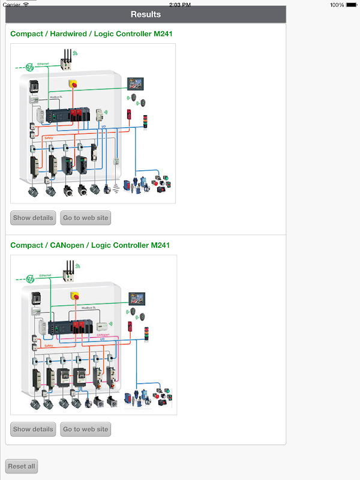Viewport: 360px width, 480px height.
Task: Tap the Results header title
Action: pos(146,14)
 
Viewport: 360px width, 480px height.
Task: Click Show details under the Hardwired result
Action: pos(33,218)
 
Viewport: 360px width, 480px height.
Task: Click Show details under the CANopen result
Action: pos(33,429)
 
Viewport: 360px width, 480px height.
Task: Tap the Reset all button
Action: pos(22,466)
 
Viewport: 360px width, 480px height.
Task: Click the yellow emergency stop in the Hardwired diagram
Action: pos(73,83)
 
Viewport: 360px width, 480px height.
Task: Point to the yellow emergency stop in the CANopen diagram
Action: pos(75,295)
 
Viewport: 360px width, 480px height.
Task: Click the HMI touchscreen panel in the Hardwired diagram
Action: pos(136,84)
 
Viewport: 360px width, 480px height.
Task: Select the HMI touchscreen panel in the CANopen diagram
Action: pos(137,298)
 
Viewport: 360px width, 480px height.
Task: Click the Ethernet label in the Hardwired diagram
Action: pos(43,63)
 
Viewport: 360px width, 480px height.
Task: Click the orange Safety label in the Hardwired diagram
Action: pos(49,138)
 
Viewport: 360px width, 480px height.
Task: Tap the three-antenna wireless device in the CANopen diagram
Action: pos(70,271)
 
